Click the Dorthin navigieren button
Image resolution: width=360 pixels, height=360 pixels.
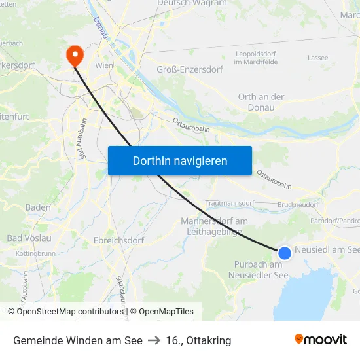[180, 160]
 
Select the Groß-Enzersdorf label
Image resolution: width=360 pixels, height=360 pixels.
[190, 69]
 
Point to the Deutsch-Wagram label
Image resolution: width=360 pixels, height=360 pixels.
[192, 3]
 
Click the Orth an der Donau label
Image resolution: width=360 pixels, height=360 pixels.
[261, 102]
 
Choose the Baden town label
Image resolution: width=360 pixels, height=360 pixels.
[38, 207]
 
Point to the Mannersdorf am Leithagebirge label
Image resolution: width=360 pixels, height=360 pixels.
[214, 226]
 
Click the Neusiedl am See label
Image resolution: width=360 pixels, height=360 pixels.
[327, 249]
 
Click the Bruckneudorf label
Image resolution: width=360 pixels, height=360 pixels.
[298, 204]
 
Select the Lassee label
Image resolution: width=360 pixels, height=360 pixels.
[318, 58]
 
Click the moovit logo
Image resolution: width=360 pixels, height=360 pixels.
[321, 340]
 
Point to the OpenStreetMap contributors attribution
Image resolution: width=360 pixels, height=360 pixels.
[67, 312]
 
